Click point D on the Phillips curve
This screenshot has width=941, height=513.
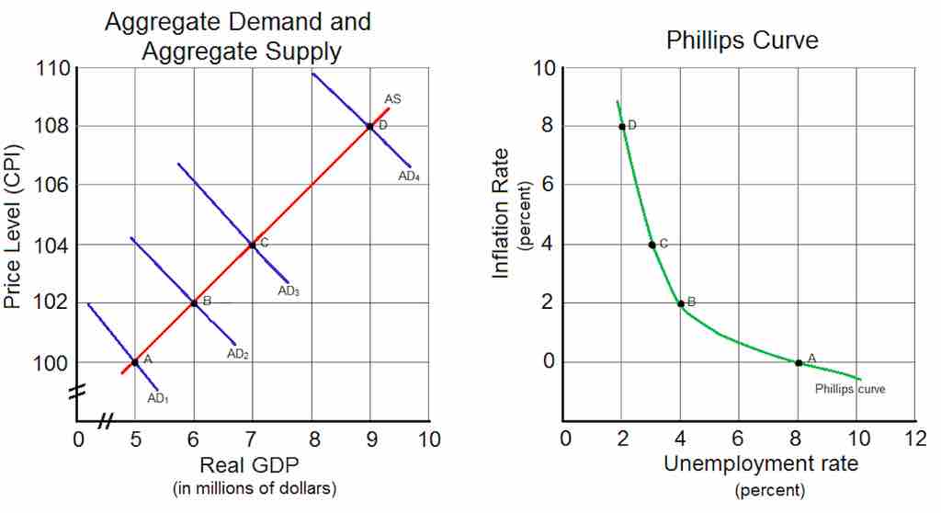(622, 127)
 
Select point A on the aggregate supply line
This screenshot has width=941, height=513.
(135, 362)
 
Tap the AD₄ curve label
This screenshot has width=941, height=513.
(409, 177)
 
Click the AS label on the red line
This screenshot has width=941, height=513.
(392, 98)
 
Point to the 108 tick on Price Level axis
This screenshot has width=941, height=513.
(53, 127)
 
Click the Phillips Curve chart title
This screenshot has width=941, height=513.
(742, 40)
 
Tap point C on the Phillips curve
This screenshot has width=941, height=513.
(652, 245)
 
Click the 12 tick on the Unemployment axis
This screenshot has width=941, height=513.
(915, 438)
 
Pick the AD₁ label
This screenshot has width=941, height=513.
(159, 398)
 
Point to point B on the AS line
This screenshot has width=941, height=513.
(194, 302)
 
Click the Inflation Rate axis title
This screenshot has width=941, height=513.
(503, 215)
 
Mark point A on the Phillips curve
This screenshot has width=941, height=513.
(799, 362)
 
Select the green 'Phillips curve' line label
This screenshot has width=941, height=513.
(850, 389)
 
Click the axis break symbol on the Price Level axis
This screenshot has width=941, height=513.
(76, 392)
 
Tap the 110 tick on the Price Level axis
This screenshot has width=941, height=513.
(53, 69)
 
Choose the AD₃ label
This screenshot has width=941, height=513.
(289, 291)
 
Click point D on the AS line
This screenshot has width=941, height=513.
(369, 126)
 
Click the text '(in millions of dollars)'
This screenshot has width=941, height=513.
(255, 487)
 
